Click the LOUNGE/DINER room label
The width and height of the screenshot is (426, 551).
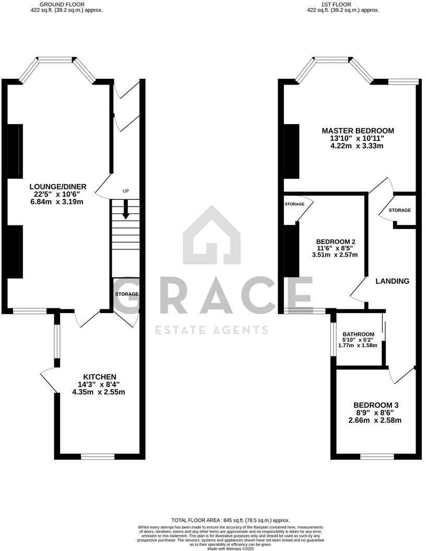[57, 187]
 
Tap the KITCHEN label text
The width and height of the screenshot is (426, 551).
[100, 377]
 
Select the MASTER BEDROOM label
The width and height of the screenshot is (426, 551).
[358, 130]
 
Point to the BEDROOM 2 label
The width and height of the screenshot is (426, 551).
[336, 242]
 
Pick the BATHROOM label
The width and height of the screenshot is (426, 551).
[358, 334]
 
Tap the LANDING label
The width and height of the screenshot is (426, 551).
[393, 281]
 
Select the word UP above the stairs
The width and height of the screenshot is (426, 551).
[125, 191]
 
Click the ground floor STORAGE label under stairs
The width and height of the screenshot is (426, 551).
[127, 294]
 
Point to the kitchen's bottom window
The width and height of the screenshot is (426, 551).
[98, 457]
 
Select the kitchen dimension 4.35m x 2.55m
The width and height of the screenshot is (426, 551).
[99, 392]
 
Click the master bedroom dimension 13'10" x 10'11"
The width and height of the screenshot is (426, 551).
[358, 138]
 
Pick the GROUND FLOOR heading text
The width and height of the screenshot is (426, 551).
[67, 4]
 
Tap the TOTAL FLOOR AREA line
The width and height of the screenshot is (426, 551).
[230, 520]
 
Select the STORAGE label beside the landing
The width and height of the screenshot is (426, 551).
[399, 210]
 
